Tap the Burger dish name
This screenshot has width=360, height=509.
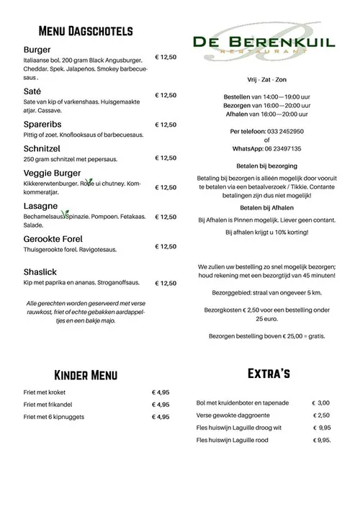(x=37, y=50)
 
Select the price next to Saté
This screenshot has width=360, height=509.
(x=166, y=95)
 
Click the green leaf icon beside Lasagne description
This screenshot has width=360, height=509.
(x=65, y=214)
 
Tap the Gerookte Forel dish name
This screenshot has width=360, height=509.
(x=53, y=238)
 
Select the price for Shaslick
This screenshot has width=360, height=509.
(x=166, y=284)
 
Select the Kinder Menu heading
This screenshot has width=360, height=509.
(x=86, y=375)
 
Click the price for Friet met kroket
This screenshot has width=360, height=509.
(x=161, y=393)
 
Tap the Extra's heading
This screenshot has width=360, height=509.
(x=268, y=373)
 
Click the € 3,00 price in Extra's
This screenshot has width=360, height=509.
(x=320, y=403)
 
